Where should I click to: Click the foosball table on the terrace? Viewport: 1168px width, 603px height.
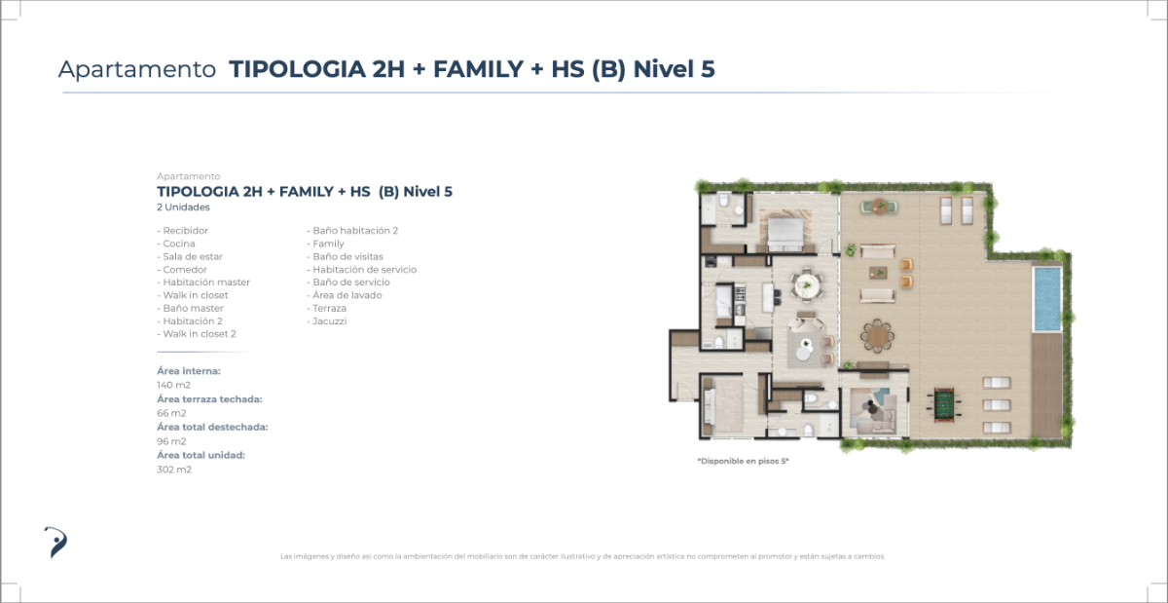[944, 404]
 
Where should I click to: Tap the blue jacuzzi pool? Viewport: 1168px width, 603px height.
[1047, 299]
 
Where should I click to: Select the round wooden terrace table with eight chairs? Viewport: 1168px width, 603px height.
[877, 336]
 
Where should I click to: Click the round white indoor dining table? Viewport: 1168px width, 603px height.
[807, 285]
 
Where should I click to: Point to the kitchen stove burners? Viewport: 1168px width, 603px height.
[740, 293]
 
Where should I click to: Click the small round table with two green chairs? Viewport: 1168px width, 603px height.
[880, 207]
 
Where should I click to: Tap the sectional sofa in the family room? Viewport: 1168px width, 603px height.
[875, 412]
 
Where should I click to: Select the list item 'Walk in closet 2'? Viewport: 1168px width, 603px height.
[197, 334]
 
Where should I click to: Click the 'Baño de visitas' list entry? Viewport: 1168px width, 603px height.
[346, 256]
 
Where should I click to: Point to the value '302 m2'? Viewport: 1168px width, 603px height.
[174, 470]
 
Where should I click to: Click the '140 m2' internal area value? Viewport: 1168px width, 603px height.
[173, 385]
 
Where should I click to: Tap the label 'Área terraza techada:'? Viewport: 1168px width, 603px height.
[209, 398]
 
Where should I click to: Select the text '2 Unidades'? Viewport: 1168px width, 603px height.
[184, 207]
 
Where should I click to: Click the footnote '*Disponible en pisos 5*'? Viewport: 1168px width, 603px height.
[743, 461]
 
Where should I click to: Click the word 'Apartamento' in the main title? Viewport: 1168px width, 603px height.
[137, 69]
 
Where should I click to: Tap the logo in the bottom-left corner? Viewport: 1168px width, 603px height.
[55, 543]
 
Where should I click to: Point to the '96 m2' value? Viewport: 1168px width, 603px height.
[171, 441]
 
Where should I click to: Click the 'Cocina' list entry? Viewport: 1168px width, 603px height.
[176, 244]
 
